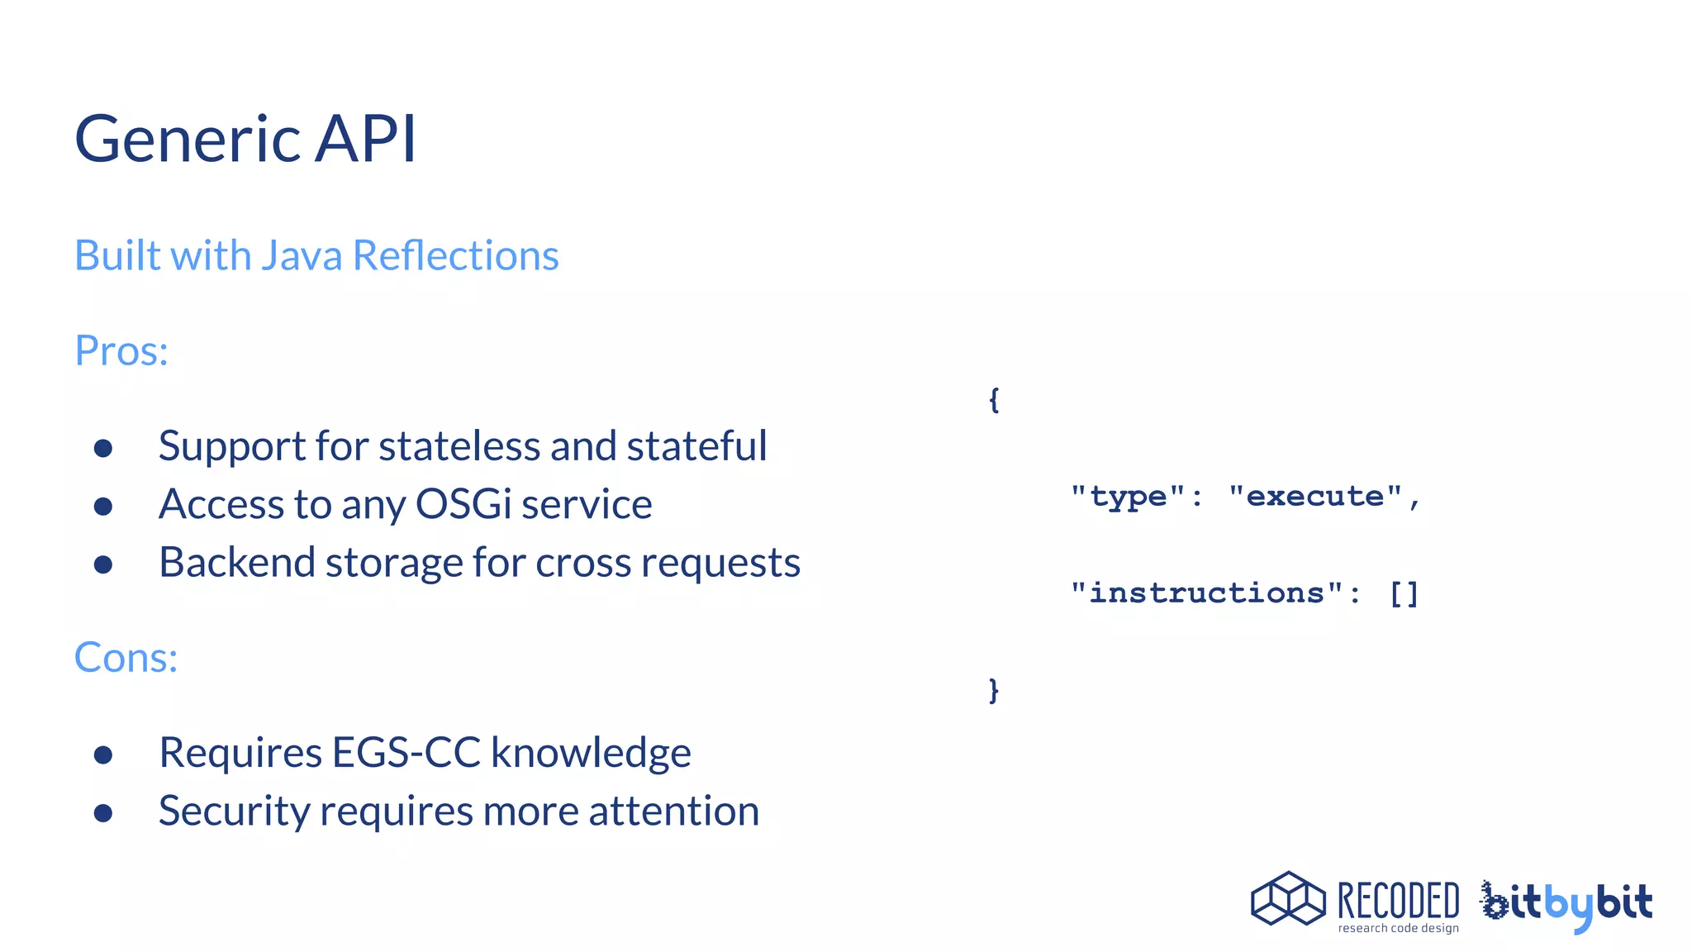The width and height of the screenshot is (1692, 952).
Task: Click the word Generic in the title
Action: [188, 139]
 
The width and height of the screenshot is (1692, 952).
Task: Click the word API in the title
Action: [366, 139]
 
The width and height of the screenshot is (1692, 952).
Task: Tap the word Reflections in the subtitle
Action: [455, 255]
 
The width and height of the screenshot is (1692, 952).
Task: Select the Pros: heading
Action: [121, 350]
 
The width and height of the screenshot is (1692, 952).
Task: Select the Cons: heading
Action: [126, 658]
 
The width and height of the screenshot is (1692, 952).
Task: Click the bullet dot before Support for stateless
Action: [103, 448]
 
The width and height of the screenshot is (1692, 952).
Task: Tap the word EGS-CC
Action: [406, 753]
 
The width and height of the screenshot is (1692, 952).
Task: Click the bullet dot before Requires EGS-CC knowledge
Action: [103, 754]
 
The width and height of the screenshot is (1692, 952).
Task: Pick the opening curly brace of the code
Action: [994, 400]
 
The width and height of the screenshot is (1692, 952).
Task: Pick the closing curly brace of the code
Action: [994, 689]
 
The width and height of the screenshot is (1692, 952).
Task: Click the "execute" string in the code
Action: [1314, 497]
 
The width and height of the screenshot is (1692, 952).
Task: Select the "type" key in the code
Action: [1128, 497]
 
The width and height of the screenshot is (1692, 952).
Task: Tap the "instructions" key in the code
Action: [1206, 593]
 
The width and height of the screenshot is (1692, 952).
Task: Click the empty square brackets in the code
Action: [1404, 593]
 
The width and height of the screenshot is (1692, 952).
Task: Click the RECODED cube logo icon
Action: [1288, 898]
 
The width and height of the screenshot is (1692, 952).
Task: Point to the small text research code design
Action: [1398, 929]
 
